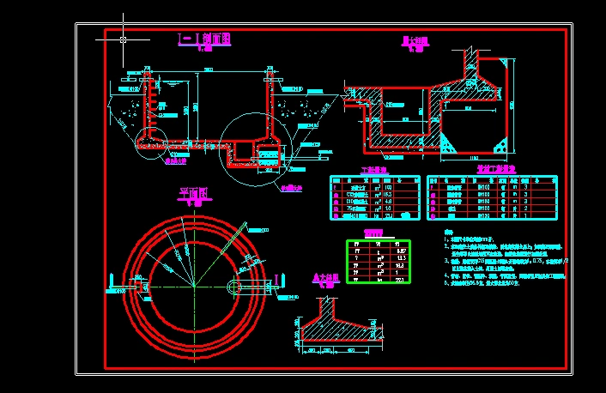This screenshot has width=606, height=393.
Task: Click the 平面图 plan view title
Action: click(x=194, y=194)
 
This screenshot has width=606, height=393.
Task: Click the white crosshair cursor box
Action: click(x=124, y=39)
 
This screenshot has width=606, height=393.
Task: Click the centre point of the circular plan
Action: click(x=195, y=285)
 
